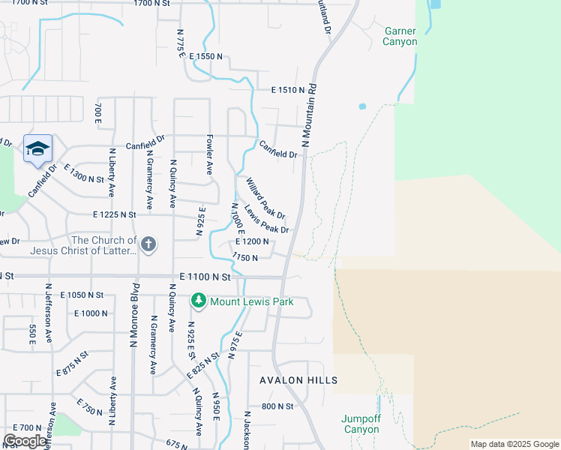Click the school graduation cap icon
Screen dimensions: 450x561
[x=37, y=148]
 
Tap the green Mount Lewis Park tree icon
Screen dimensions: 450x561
[x=198, y=301]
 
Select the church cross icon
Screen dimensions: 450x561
[x=148, y=243]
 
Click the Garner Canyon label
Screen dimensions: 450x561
[x=400, y=37]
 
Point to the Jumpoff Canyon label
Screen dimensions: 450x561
[x=361, y=424]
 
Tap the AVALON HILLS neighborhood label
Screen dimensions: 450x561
[x=298, y=380]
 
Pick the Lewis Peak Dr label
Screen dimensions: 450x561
[x=266, y=219]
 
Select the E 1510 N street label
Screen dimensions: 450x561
[x=288, y=90]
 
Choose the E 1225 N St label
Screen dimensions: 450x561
[x=115, y=214]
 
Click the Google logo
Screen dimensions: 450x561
[x=25, y=440]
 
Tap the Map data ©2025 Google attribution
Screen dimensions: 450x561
[x=514, y=444]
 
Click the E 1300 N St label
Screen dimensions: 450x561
[x=84, y=175]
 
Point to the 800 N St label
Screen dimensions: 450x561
[x=277, y=406]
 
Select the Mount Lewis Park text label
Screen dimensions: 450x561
[x=251, y=302]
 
